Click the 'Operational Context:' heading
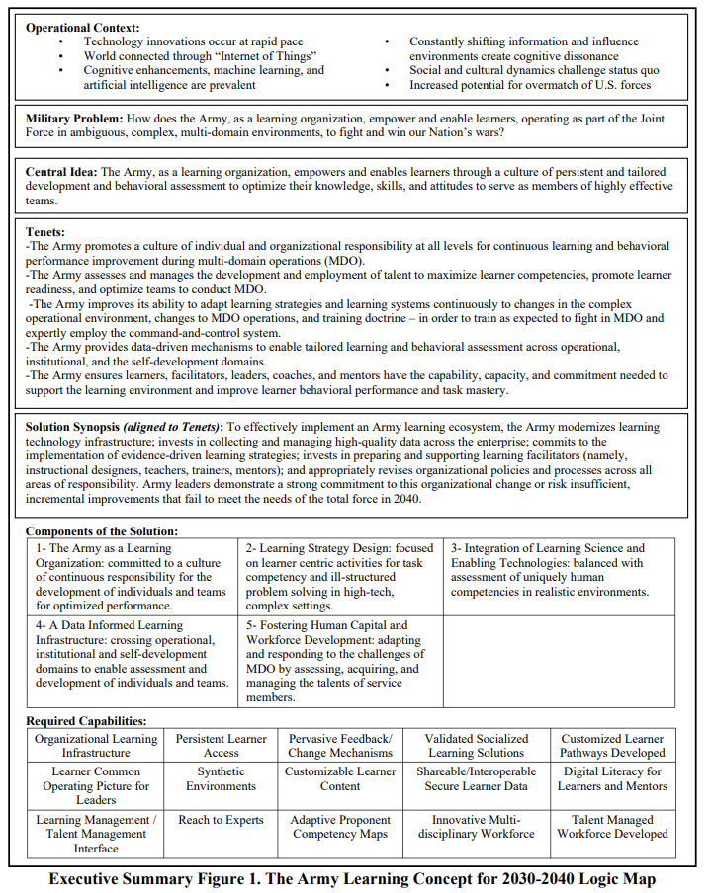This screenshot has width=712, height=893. click(x=82, y=28)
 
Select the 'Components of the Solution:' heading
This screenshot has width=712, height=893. click(x=101, y=531)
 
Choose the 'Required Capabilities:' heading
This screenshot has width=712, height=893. click(x=86, y=721)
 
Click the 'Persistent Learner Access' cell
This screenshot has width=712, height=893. click(x=221, y=746)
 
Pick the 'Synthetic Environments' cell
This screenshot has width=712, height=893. click(x=221, y=778)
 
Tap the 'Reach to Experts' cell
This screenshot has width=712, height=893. click(x=221, y=820)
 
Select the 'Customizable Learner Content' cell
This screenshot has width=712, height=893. click(x=340, y=778)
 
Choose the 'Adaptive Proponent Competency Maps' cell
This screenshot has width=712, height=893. click(x=340, y=827)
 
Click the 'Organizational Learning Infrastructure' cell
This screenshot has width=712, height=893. click(x=96, y=746)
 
